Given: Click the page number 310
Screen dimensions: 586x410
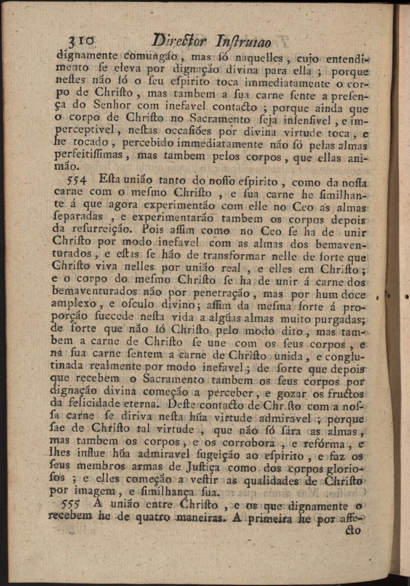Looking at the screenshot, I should coord(81,41).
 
